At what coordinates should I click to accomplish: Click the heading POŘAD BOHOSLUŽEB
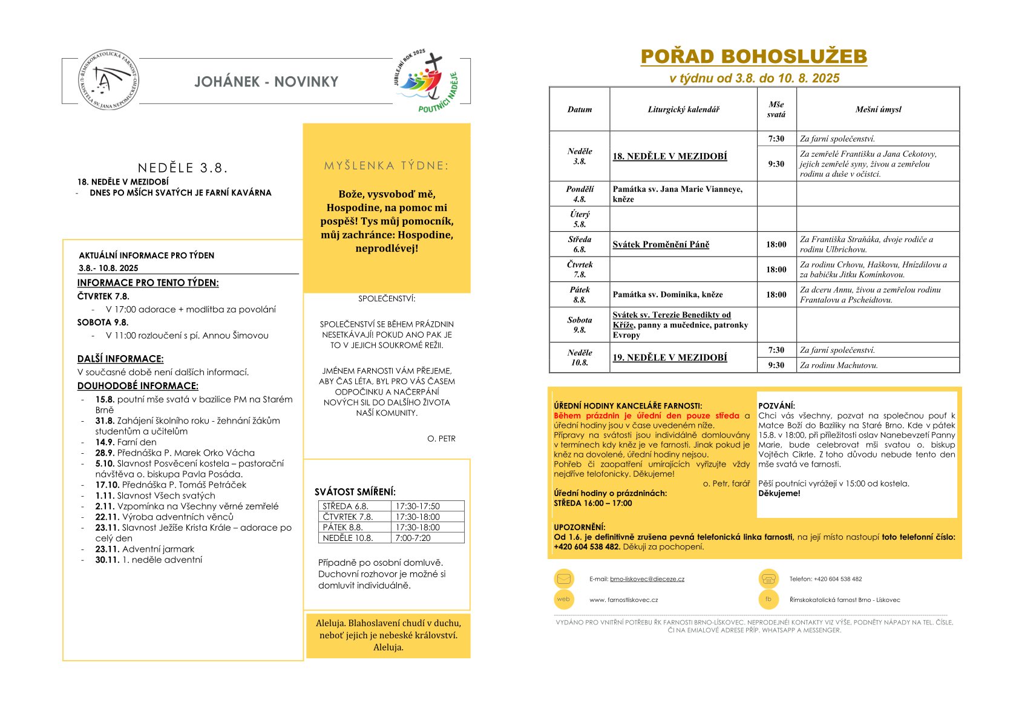753,56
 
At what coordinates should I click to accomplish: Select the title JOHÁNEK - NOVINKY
266,82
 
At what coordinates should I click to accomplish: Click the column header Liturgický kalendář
683,110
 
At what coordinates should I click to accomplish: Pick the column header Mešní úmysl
878,110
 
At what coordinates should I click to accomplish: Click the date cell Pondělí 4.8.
580,194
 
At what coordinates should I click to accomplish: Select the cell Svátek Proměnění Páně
661,244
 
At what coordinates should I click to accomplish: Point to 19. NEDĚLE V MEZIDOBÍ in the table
670,358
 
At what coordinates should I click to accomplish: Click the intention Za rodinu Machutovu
839,365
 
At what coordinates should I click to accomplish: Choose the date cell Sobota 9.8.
580,325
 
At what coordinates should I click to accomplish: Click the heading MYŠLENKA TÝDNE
387,166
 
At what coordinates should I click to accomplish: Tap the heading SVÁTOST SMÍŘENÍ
355,492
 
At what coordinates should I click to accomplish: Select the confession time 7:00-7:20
413,538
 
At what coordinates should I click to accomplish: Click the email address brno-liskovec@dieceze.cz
647,579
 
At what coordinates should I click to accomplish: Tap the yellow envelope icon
563,579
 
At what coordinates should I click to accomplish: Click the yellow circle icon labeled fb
768,600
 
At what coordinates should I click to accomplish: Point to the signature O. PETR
441,439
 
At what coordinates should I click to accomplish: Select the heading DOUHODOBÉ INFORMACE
138,386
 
